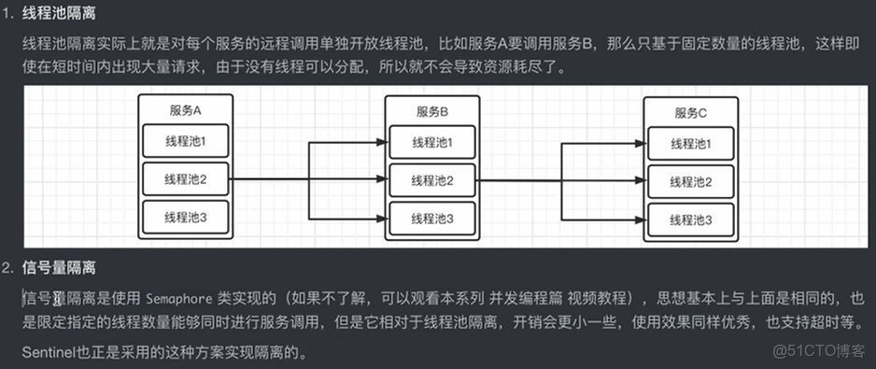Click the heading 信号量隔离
(58, 268)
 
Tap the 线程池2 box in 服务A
(185, 178)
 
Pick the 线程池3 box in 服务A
(185, 218)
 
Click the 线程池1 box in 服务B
(431, 142)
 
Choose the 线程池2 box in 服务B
(431, 180)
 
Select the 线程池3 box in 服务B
(431, 219)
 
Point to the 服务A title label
(185, 109)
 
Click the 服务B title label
(431, 111)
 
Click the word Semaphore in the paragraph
(176, 298)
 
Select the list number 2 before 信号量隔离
(7, 268)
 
